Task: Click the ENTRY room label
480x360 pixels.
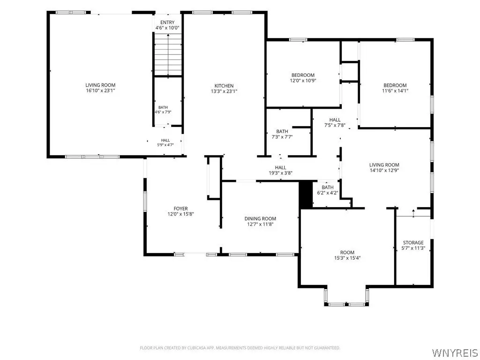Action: pos(167,22)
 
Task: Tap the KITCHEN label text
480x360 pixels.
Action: pos(224,86)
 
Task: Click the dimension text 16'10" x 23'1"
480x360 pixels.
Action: pos(100,90)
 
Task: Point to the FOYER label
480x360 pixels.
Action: pos(180,209)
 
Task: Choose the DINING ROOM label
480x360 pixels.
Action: pos(260,218)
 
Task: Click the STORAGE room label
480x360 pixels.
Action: pos(413,243)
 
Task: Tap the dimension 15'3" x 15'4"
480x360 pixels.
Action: pos(347,258)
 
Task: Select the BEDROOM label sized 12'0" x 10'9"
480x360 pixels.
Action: pos(303,75)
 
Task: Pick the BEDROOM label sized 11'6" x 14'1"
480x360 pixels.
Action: pos(395,85)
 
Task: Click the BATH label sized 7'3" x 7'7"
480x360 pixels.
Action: pos(282,131)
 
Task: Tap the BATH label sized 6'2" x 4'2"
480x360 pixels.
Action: pos(328,187)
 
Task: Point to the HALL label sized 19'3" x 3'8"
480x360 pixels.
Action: pos(280,167)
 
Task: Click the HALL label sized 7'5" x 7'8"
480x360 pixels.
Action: pos(335,120)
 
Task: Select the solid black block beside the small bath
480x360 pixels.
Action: pos(306,195)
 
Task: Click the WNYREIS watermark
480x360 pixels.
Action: pos(455,352)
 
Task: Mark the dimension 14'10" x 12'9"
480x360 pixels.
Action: pos(384,171)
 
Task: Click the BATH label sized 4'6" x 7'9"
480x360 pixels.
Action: pos(163,107)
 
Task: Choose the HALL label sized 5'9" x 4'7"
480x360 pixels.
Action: pos(165,140)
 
